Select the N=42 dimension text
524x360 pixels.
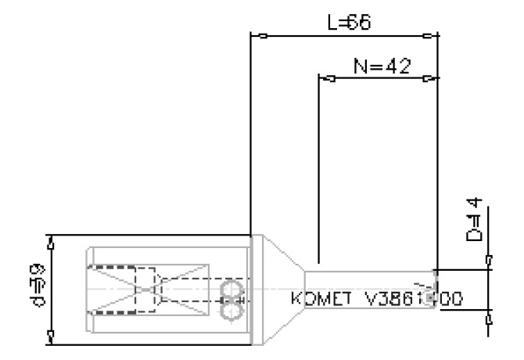click(382, 65)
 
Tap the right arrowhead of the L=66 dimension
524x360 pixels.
click(429, 36)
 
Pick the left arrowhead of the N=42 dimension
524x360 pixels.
click(329, 78)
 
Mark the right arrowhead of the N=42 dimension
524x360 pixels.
click(429, 78)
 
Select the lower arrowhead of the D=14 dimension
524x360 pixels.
click(489, 317)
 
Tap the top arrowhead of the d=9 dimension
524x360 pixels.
click(52, 243)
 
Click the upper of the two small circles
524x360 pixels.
click(230, 291)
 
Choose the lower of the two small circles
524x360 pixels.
click(230, 310)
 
